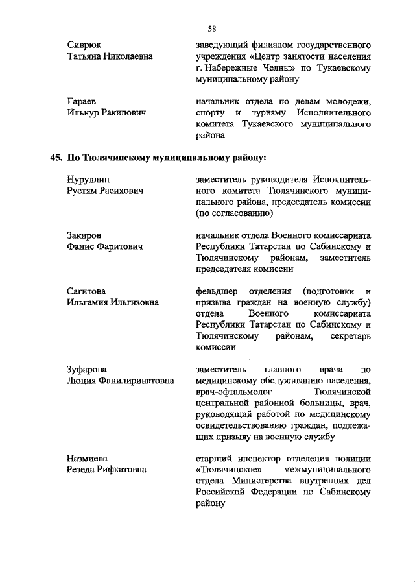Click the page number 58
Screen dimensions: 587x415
[x=212, y=29]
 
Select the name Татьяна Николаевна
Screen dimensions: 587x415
[x=110, y=57]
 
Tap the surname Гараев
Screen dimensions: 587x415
[x=82, y=102]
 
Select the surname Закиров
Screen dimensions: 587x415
[x=85, y=235]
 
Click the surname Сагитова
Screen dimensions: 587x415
[x=87, y=291]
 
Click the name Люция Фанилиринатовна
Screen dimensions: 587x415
[x=121, y=382]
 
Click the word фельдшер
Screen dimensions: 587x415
[x=217, y=291]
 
